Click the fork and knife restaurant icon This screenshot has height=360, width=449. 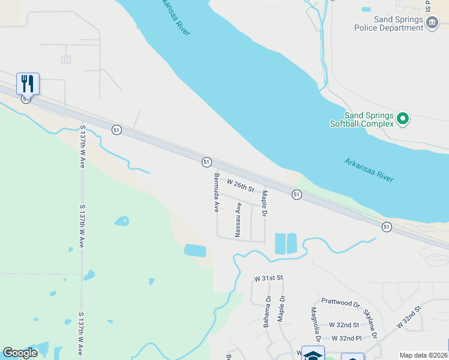[x=28, y=83]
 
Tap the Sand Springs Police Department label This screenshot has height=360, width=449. [x=397, y=23]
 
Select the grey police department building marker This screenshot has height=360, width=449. [x=432, y=23]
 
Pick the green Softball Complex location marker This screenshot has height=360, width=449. [x=403, y=118]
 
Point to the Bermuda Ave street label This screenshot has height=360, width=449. [x=216, y=193]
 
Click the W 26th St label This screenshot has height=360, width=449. [x=241, y=185]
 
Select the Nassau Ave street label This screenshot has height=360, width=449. [x=238, y=220]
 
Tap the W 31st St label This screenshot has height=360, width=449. [x=268, y=278]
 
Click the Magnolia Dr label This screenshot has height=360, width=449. [x=313, y=323]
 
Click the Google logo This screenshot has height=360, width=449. [x=20, y=353]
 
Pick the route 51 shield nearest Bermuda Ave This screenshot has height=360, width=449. [x=206, y=162]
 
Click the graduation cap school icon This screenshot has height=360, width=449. [x=312, y=354]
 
